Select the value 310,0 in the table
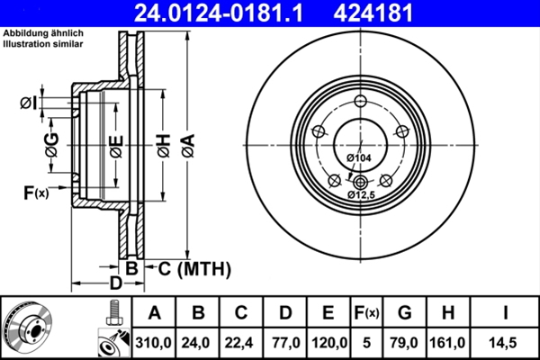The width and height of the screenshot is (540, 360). click(x=154, y=343)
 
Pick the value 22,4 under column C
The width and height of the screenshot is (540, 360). click(x=241, y=343)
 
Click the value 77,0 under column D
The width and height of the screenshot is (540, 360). click(x=284, y=343)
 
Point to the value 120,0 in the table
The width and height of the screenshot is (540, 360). click(x=328, y=343)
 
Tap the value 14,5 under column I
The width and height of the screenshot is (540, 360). click(x=506, y=343)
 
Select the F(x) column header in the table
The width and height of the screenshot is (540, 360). click(x=367, y=313)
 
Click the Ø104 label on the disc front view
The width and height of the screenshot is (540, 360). click(x=359, y=158)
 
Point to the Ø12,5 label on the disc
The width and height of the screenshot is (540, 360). click(x=361, y=193)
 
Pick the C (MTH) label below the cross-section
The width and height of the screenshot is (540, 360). click(x=189, y=268)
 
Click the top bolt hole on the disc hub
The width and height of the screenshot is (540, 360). click(x=361, y=101)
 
